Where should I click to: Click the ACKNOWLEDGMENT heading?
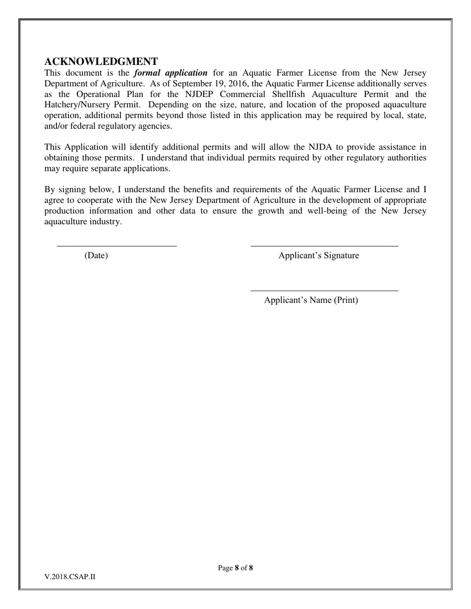click(x=101, y=61)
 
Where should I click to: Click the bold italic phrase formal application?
click(x=171, y=73)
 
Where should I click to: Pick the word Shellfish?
click(x=291, y=94)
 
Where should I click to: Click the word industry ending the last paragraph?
click(x=105, y=221)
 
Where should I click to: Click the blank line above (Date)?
click(x=117, y=245)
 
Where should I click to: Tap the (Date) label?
click(x=96, y=255)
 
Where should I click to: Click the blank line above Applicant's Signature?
click(x=324, y=245)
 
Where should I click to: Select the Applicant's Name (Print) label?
click(x=311, y=300)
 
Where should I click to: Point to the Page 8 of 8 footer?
click(x=235, y=568)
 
